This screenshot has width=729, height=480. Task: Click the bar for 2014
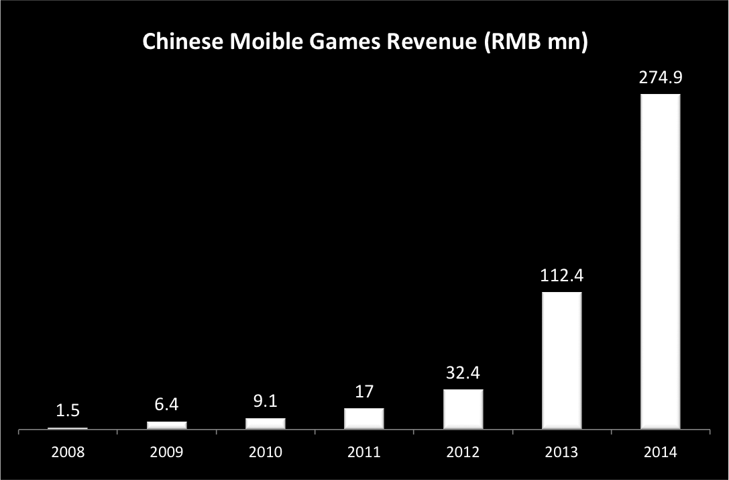[x=661, y=261]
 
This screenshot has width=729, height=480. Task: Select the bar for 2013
[x=562, y=361]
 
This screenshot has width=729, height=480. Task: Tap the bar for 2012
[x=463, y=409]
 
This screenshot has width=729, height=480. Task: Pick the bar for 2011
[x=364, y=418]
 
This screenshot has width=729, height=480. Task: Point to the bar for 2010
[x=266, y=424]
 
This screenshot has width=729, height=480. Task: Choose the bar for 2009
[x=167, y=425]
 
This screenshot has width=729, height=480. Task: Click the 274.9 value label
[x=661, y=79]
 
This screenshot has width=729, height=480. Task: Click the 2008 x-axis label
[x=68, y=452]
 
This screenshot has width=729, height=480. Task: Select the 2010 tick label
[x=266, y=452]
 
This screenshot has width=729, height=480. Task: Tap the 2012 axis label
[x=463, y=452]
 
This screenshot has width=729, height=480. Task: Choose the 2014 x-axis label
[x=661, y=452]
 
